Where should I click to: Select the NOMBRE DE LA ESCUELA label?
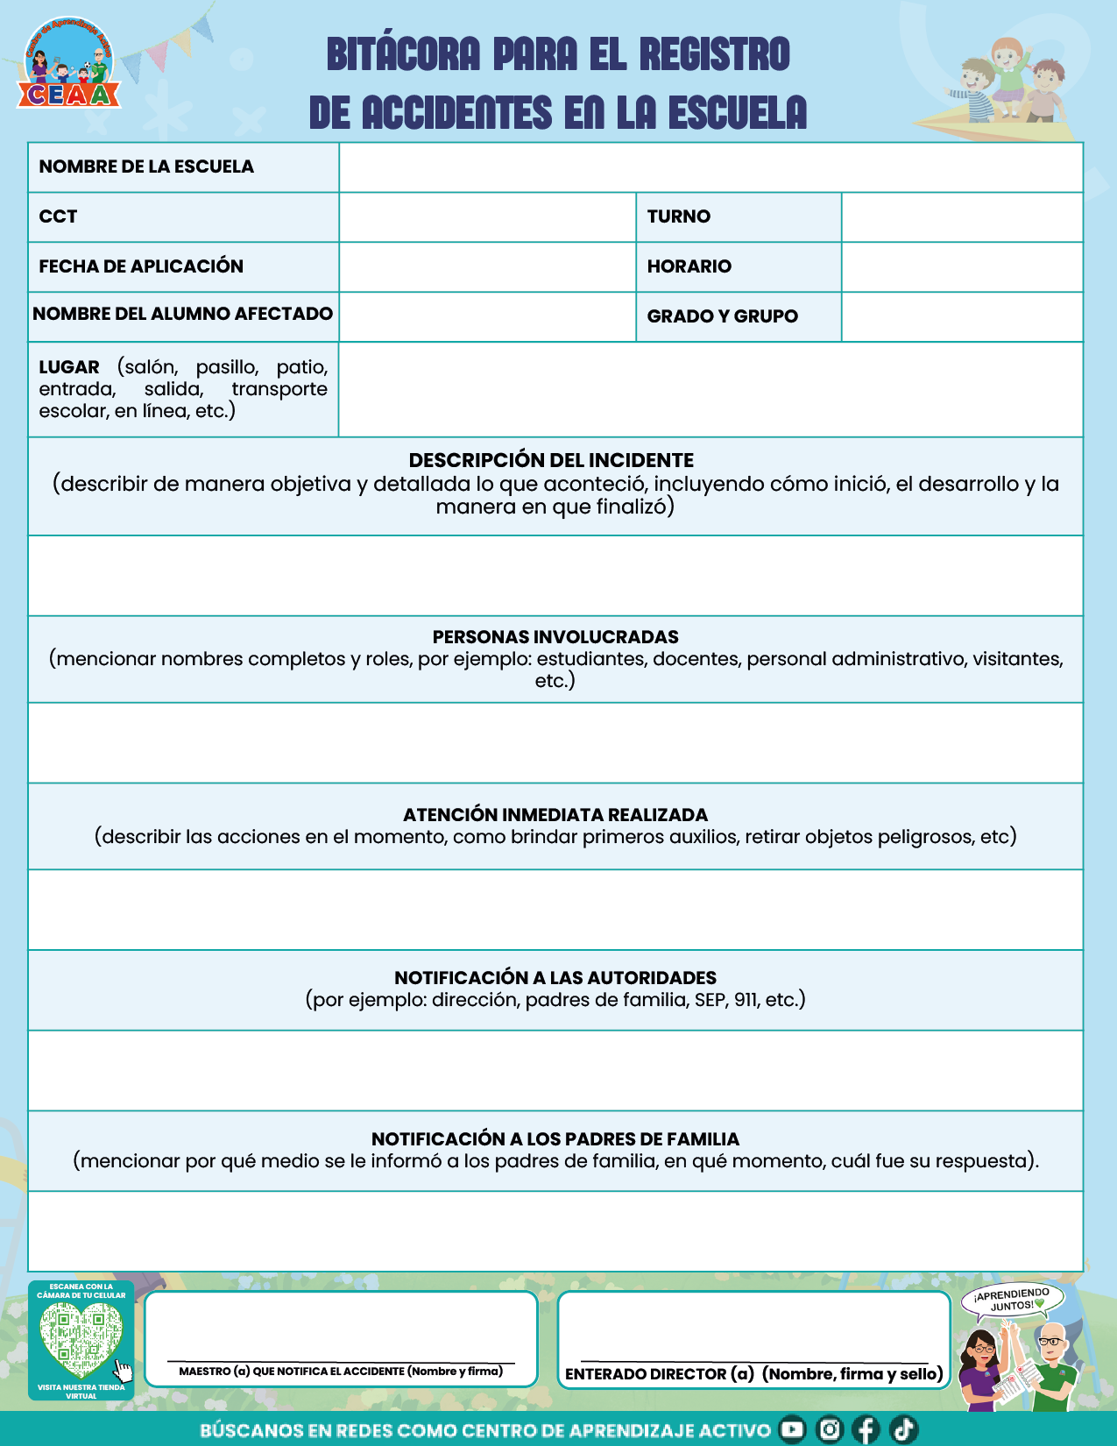coord(146,167)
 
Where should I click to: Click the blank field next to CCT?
coord(487,217)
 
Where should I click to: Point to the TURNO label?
coord(678,216)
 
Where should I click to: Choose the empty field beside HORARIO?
coord(962,267)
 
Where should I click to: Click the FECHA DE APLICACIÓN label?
coord(141,266)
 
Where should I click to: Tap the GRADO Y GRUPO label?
coord(722,316)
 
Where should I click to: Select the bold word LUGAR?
coord(69,367)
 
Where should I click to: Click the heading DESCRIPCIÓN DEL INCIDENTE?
coord(551,460)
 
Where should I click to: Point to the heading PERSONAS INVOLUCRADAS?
coord(555,637)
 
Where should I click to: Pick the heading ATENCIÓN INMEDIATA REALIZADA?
coord(555,815)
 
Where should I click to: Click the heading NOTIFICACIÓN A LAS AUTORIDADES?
coord(555,978)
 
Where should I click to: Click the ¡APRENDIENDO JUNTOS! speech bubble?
coord(1012,1300)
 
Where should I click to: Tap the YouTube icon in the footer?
coord(792,1429)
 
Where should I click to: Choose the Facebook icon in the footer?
coord(866,1429)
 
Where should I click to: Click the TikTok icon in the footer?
coord(903,1429)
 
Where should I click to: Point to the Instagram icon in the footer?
coord(829,1429)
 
